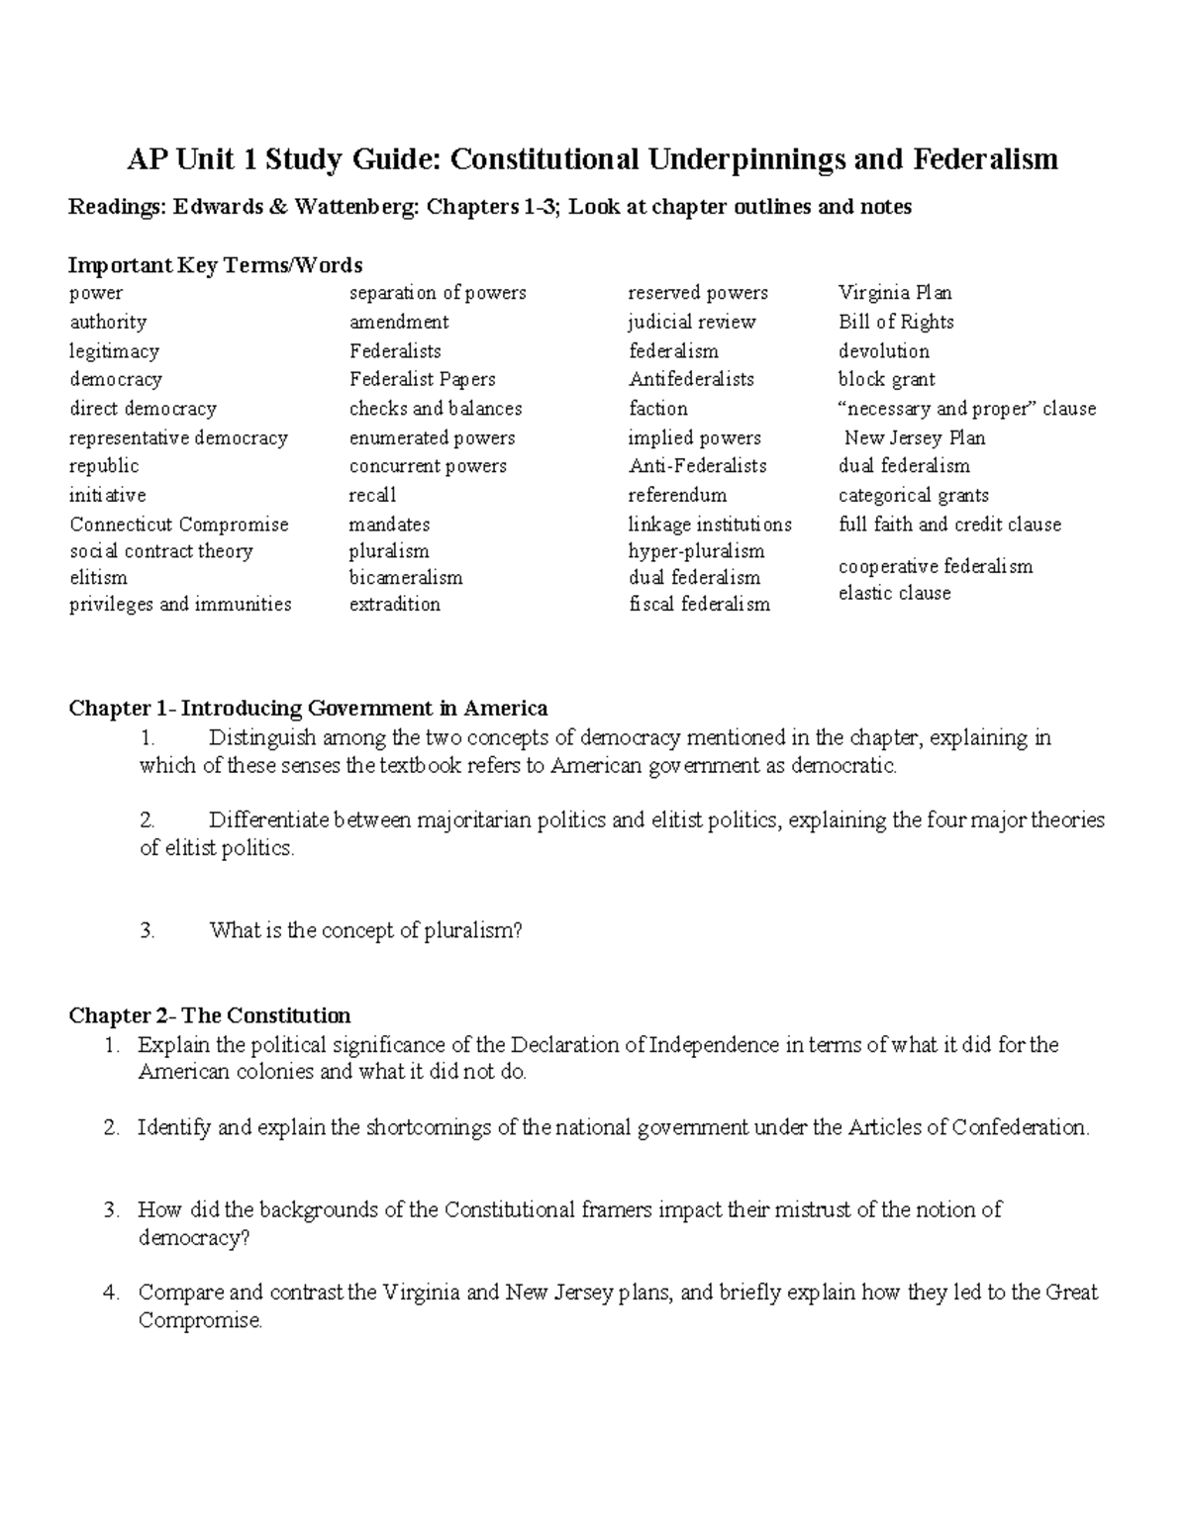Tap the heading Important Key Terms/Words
tap(215, 265)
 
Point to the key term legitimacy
tap(114, 351)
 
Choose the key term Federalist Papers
tap(422, 380)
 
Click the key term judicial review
tap(691, 323)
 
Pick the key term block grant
tap(886, 380)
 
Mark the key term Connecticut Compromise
tap(178, 525)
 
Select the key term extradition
tap(394, 605)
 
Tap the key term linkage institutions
tap(709, 525)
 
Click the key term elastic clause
tap(894, 594)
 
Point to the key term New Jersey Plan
tap(914, 437)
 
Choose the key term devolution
tap(883, 351)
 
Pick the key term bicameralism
tap(405, 578)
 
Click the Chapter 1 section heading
tap(307, 709)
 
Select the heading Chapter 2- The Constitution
tap(209, 1016)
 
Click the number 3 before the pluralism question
tap(147, 930)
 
